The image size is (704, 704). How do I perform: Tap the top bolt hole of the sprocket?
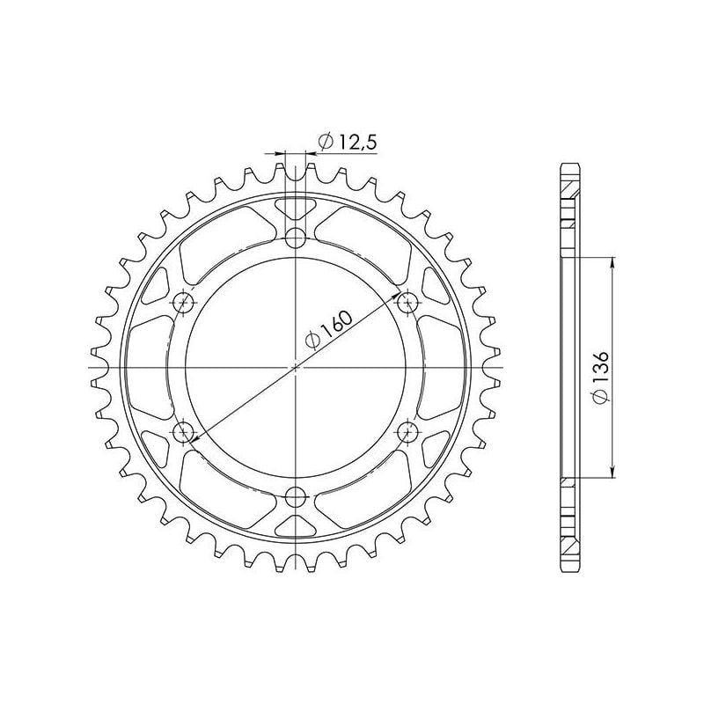point(297,238)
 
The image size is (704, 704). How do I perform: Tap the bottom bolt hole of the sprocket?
point(297,500)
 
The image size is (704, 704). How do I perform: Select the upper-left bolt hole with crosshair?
point(185,304)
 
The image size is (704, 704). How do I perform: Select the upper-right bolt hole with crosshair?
point(407,304)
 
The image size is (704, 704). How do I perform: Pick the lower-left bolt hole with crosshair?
point(185,432)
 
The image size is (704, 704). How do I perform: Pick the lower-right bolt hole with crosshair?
point(407,432)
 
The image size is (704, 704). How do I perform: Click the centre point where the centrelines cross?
point(297,368)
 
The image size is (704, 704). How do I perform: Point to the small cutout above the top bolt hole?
point(297,210)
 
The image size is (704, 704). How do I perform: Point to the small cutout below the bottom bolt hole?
point(297,525)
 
